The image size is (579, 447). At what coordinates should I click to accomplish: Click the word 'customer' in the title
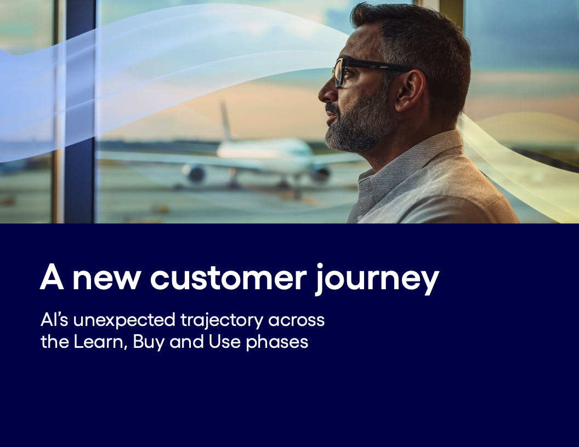(x=228, y=278)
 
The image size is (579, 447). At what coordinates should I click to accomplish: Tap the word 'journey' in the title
(x=377, y=280)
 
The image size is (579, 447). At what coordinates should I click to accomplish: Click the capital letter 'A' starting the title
(x=52, y=277)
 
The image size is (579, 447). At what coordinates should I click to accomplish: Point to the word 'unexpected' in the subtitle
(x=124, y=320)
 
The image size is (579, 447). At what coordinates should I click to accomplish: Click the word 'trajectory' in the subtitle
(x=222, y=320)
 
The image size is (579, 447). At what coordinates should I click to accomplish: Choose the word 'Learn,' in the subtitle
(x=100, y=342)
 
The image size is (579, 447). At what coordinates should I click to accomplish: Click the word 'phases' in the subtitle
(x=277, y=342)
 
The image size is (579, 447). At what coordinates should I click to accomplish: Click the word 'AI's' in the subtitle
(x=54, y=320)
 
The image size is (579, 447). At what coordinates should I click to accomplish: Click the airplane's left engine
(x=194, y=173)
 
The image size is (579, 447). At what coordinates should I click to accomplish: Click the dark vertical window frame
(x=80, y=111)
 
